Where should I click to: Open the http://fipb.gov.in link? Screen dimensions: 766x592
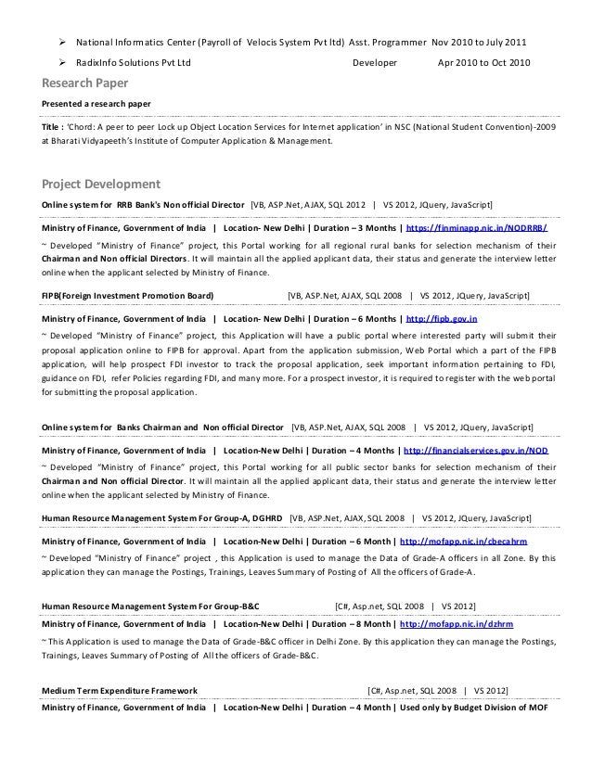(x=442, y=318)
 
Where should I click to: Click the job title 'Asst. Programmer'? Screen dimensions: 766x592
(x=388, y=43)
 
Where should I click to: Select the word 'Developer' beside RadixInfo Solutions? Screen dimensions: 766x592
(x=377, y=63)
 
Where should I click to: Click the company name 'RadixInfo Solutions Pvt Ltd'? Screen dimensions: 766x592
(x=134, y=63)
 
